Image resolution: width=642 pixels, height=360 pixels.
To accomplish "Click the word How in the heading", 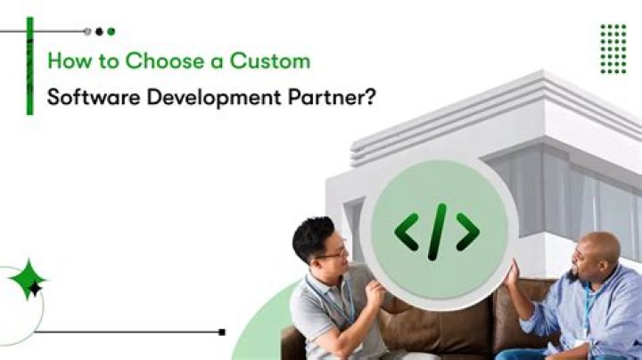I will (64, 61).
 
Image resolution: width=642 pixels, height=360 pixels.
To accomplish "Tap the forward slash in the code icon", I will (437, 232).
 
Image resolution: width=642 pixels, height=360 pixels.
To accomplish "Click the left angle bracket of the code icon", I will (407, 232).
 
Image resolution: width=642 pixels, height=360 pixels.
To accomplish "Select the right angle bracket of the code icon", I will (467, 232).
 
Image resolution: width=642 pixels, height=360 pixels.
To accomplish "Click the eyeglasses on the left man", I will (332, 253).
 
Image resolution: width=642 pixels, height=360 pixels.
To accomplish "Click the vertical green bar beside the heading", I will (29, 67).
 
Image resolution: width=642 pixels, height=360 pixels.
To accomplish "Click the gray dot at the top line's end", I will (86, 31).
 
